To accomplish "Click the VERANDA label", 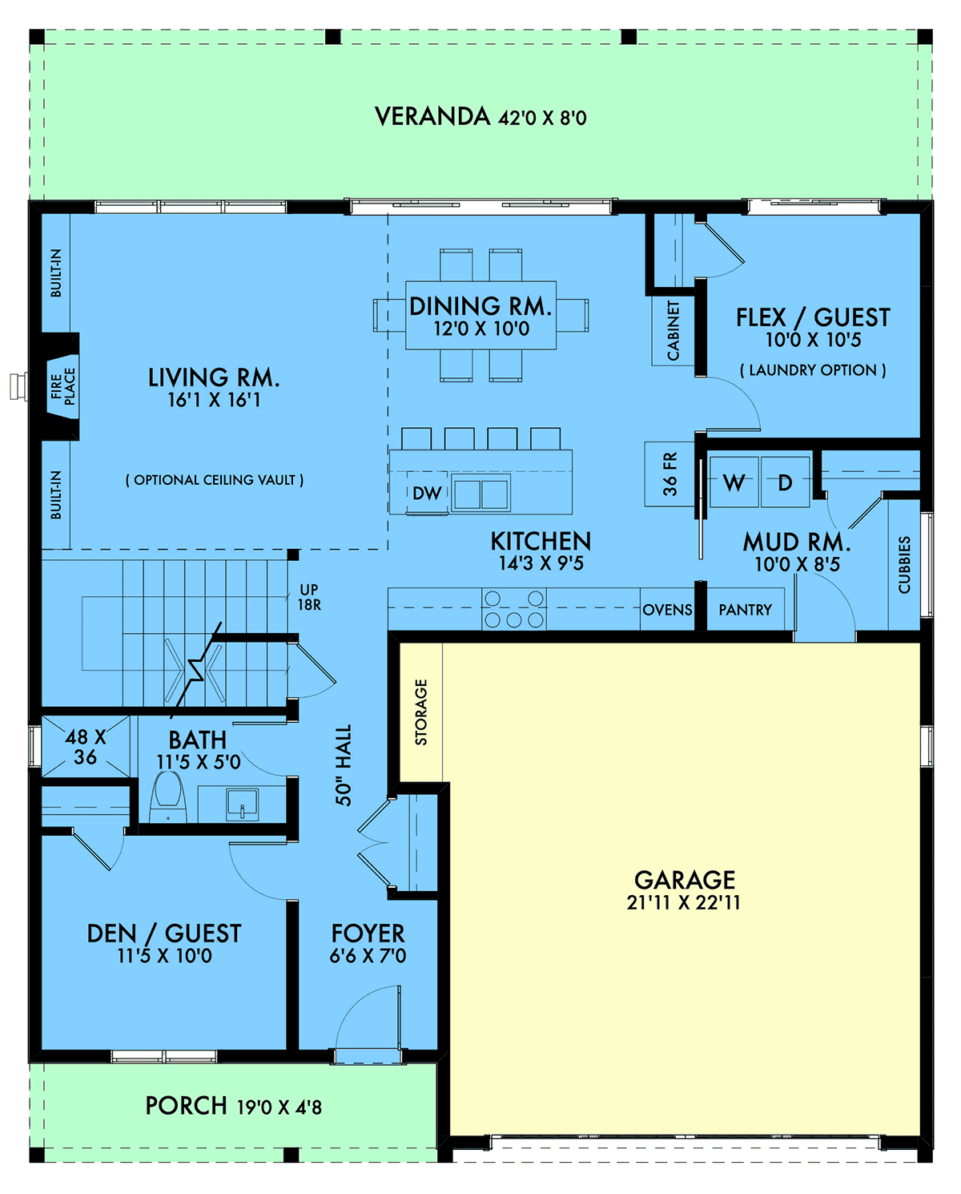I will click(x=432, y=117).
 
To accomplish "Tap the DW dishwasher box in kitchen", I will click(x=426, y=494).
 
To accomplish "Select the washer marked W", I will click(x=734, y=482).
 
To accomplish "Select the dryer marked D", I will click(x=785, y=482).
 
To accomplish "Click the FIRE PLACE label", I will click(x=62, y=386).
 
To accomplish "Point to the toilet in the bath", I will click(x=168, y=797).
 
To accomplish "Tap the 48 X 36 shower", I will click(x=85, y=747).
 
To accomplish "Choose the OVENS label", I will click(x=667, y=610).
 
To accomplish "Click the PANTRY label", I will click(x=745, y=610).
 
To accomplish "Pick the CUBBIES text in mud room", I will click(x=904, y=565).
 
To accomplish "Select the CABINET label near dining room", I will click(x=673, y=330).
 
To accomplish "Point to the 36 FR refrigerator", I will click(x=669, y=474).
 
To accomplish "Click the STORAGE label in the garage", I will click(x=421, y=712).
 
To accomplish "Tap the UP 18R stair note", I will click(x=309, y=598).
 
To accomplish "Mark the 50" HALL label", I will click(x=344, y=765).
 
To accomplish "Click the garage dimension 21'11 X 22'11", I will click(x=683, y=903).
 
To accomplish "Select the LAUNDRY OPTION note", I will click(x=813, y=370).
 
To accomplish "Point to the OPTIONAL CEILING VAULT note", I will click(x=215, y=480).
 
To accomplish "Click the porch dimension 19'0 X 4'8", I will click(x=279, y=1107).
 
